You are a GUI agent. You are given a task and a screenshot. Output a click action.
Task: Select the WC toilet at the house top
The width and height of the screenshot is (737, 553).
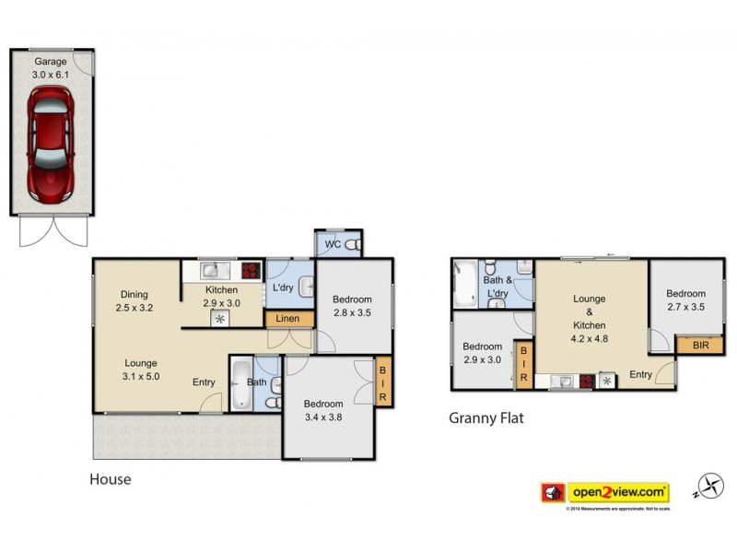(x=350, y=245)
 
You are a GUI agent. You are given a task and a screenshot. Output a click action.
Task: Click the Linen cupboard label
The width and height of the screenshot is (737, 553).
(x=287, y=319)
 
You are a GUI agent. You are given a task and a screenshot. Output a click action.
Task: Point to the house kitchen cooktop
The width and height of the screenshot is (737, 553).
(x=250, y=271)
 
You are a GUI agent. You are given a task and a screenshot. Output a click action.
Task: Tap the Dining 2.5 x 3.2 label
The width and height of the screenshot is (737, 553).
(x=134, y=302)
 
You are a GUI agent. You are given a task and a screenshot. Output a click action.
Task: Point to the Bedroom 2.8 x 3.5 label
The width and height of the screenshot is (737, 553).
(x=352, y=306)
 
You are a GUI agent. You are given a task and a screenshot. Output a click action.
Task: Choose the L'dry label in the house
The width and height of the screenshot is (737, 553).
(x=284, y=288)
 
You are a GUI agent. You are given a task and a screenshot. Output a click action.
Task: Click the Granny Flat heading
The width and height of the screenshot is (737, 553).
(x=485, y=418)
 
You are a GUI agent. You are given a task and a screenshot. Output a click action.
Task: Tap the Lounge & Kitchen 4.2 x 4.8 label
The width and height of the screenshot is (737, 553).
(x=589, y=318)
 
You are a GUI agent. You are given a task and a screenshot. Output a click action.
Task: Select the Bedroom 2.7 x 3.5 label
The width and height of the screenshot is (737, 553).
(x=685, y=300)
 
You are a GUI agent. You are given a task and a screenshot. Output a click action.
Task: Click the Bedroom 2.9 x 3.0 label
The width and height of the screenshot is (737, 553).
(x=482, y=353)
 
